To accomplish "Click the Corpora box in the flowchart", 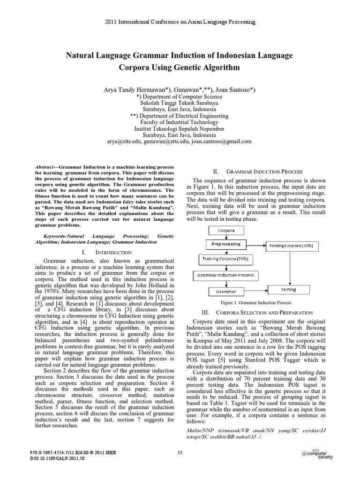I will coord(226,231).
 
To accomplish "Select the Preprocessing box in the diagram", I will coord(226,244).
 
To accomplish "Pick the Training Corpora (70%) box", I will coord(225,258).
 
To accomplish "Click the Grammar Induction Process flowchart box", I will coord(225,275).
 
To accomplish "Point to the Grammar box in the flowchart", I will coord(225,291).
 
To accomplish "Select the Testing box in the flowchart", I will coord(288,290).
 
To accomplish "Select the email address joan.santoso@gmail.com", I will coord(222,141).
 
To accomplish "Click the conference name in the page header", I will coord(180,22).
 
